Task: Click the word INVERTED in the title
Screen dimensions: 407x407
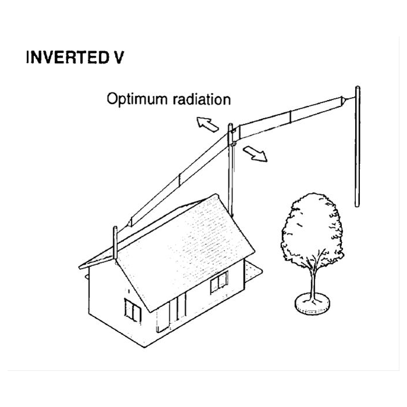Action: (x=67, y=58)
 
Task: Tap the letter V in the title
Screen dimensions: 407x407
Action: (x=119, y=58)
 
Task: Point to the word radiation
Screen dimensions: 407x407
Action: (x=201, y=99)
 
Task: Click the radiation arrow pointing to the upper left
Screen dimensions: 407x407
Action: (x=207, y=124)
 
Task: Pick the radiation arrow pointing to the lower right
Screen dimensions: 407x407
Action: (x=255, y=153)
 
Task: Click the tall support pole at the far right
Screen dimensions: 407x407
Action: (x=358, y=147)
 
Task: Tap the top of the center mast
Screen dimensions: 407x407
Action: (x=230, y=126)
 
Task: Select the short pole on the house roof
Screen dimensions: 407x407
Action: (x=115, y=242)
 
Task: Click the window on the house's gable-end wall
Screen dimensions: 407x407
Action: (x=133, y=310)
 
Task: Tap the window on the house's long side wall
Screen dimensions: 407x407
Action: (x=219, y=282)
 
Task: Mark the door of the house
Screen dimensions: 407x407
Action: (x=163, y=317)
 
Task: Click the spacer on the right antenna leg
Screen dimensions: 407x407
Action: (x=291, y=117)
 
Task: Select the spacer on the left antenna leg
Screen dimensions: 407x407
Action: (x=179, y=181)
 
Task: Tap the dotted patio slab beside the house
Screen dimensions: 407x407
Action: (x=252, y=272)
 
